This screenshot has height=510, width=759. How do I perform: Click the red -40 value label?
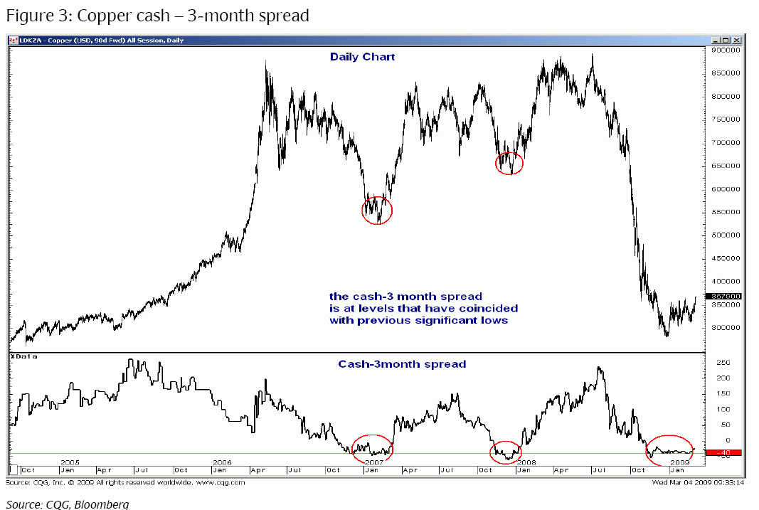[x=723, y=452]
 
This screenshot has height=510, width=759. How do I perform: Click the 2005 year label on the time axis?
[x=69, y=462]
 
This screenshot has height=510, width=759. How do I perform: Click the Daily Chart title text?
[x=362, y=57]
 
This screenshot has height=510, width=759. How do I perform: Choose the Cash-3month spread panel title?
[x=402, y=364]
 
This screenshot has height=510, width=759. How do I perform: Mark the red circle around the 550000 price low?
[x=377, y=210]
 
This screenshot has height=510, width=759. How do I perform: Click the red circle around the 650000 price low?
[x=509, y=163]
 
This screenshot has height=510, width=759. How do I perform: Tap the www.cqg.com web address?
[x=221, y=482]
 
